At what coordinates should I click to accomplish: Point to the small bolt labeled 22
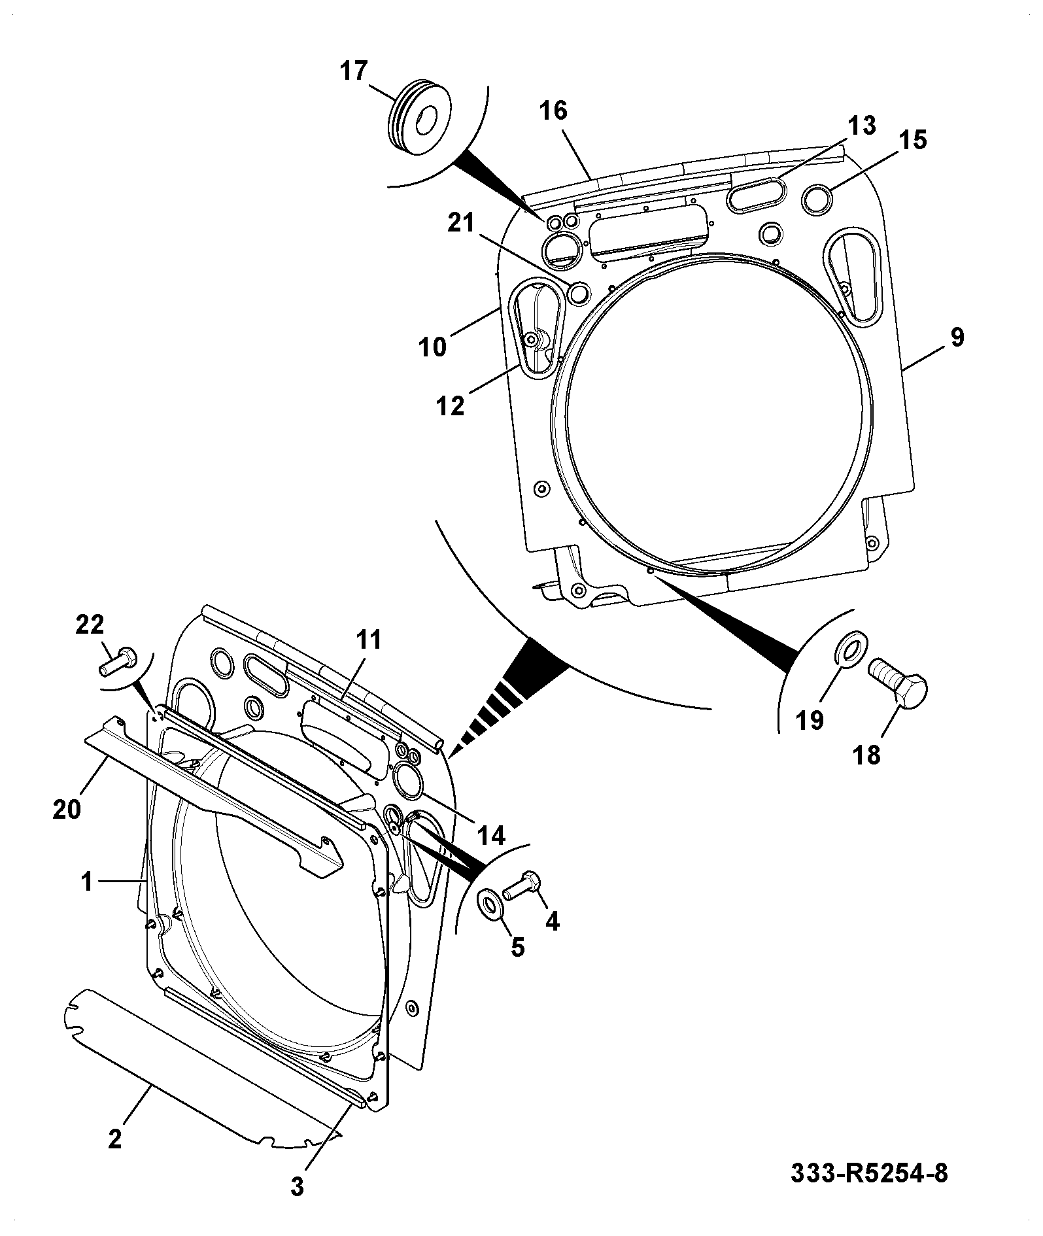click(x=118, y=661)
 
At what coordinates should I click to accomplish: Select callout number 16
click(x=553, y=111)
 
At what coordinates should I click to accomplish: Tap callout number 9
click(x=957, y=337)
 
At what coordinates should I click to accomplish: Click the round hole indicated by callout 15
click(x=817, y=199)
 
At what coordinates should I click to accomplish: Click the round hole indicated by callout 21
click(x=579, y=294)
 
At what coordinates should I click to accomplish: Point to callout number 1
click(x=87, y=882)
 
